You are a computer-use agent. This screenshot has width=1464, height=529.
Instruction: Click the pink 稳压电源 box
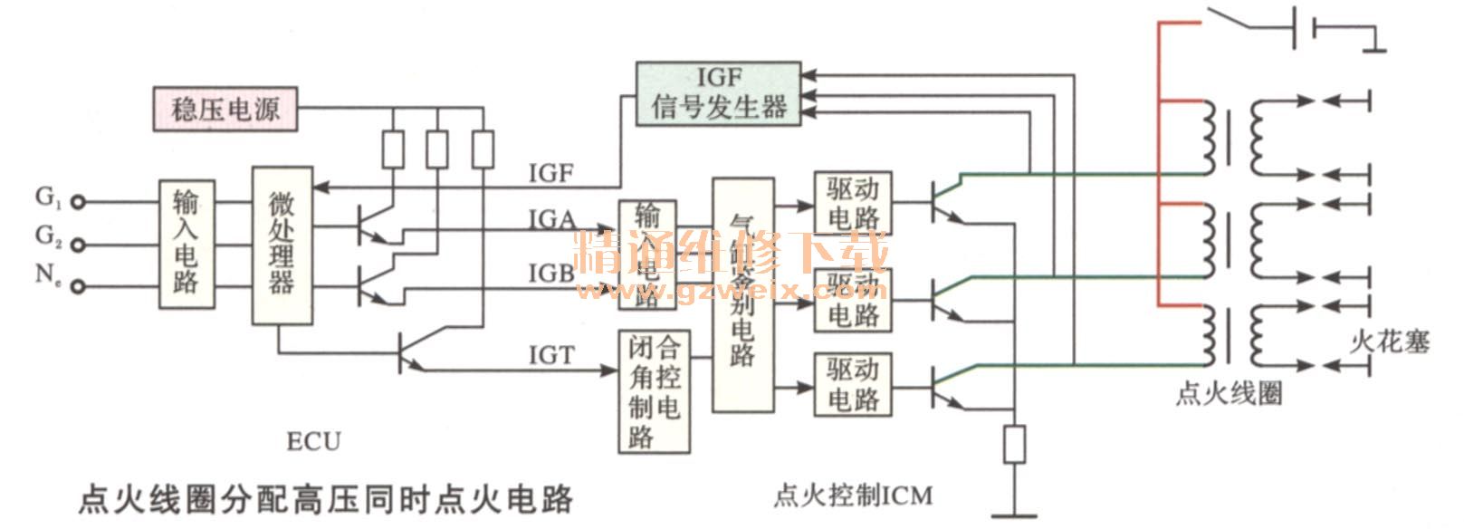(x=224, y=109)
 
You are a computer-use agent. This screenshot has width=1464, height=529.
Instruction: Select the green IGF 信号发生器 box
(x=718, y=94)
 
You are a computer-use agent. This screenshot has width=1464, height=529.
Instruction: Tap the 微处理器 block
(x=282, y=245)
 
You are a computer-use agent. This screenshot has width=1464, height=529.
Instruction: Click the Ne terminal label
(x=48, y=274)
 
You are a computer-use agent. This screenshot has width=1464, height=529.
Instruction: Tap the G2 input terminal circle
(x=79, y=245)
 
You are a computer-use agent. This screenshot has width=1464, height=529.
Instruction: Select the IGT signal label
(x=550, y=356)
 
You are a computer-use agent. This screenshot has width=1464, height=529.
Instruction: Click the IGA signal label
(x=551, y=220)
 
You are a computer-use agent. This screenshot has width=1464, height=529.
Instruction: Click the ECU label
(x=313, y=442)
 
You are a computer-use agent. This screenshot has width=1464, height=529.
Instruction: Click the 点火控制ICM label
(x=853, y=495)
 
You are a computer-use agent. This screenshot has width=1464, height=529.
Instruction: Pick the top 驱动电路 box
(x=853, y=204)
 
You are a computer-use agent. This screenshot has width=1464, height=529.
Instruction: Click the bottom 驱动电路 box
(x=853, y=385)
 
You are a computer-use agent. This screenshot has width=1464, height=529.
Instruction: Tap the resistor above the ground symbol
(x=1014, y=444)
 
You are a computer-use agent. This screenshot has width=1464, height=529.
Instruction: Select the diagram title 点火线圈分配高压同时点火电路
(x=326, y=498)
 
